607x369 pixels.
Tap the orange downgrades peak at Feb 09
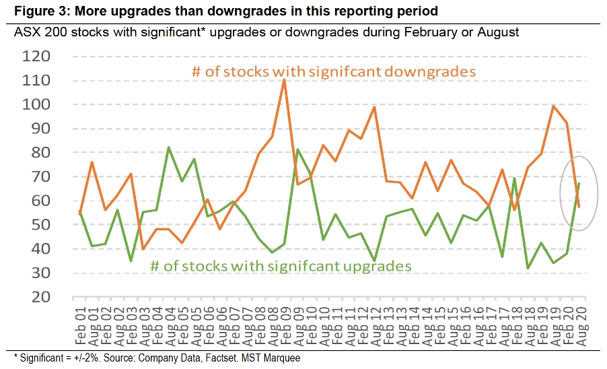pyautogui.click(x=284, y=79)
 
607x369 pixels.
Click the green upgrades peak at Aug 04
pyautogui.click(x=169, y=147)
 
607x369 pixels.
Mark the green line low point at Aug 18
pyautogui.click(x=528, y=268)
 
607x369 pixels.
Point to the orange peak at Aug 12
pyautogui.click(x=373, y=107)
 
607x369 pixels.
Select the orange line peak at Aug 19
pyautogui.click(x=553, y=106)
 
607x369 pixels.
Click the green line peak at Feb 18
pyautogui.click(x=515, y=178)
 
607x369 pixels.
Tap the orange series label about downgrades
pyautogui.click(x=334, y=71)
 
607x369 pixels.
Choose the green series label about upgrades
pyautogui.click(x=281, y=266)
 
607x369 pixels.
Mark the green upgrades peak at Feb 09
pyautogui.click(x=297, y=149)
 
